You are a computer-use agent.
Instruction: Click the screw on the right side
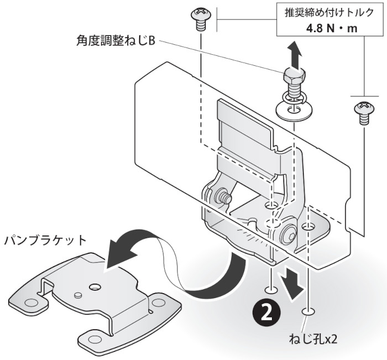(363, 112)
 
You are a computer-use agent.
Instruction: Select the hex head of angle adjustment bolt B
(293, 76)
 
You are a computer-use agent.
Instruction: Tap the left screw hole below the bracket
(271, 289)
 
